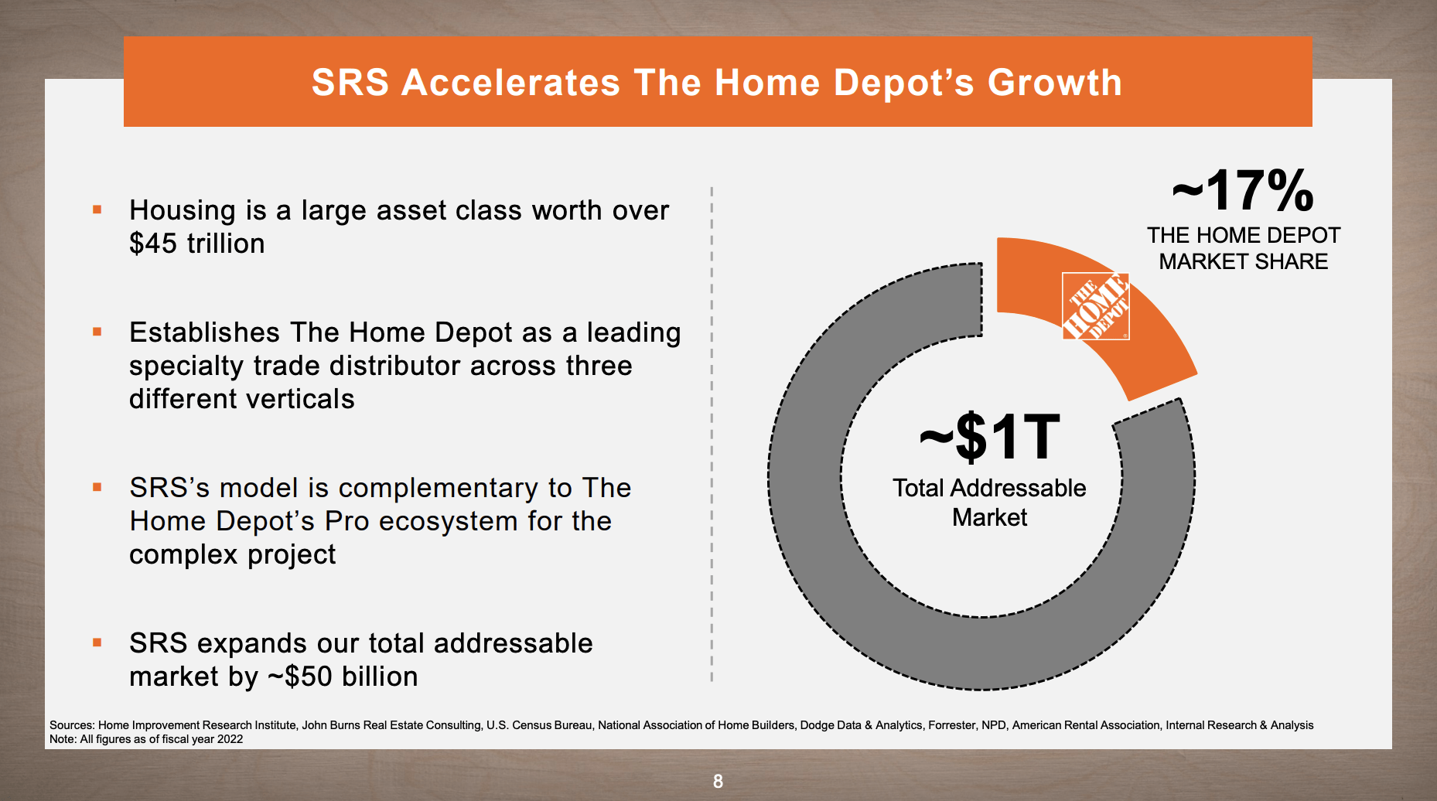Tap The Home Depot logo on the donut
point(1096,306)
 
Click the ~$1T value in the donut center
point(989,437)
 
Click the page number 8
point(718,781)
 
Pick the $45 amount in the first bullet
point(153,244)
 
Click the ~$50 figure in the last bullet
point(300,677)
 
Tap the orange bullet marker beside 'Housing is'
point(97,210)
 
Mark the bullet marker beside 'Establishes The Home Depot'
point(97,332)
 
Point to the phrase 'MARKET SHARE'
point(1243,261)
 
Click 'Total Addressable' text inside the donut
point(989,488)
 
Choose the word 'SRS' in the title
point(350,83)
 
